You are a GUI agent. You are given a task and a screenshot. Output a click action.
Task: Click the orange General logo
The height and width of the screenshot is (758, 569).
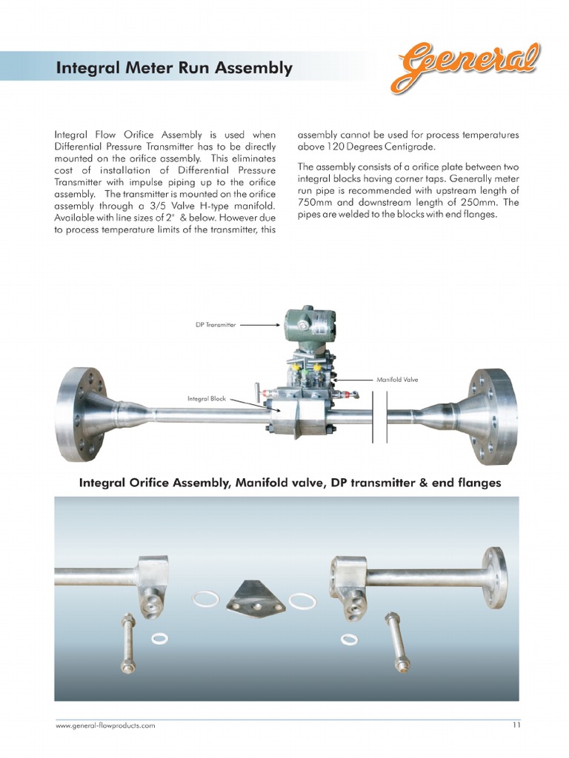pos(465,67)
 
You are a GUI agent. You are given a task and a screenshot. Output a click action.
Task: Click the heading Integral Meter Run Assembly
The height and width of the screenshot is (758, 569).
pos(174,69)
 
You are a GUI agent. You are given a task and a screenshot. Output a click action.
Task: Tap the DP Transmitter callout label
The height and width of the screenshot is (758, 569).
pos(216,324)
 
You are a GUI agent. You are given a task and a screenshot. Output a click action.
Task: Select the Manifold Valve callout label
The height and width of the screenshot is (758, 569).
pos(397,380)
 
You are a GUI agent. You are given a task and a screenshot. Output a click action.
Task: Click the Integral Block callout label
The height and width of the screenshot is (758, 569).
pos(207,398)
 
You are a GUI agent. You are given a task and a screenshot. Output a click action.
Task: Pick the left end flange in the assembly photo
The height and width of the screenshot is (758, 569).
pos(80,414)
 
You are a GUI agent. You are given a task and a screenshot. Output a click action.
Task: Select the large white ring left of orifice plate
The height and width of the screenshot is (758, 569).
pos(206,598)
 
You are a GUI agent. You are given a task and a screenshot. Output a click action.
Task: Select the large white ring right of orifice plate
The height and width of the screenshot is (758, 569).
pos(302,600)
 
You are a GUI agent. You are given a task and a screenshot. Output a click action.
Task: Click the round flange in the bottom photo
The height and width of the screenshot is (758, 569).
pos(494,578)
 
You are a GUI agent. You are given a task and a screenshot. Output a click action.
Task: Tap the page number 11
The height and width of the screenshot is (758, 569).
pos(516,725)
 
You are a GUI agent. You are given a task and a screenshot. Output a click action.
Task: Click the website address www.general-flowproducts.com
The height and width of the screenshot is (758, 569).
pos(105,725)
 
